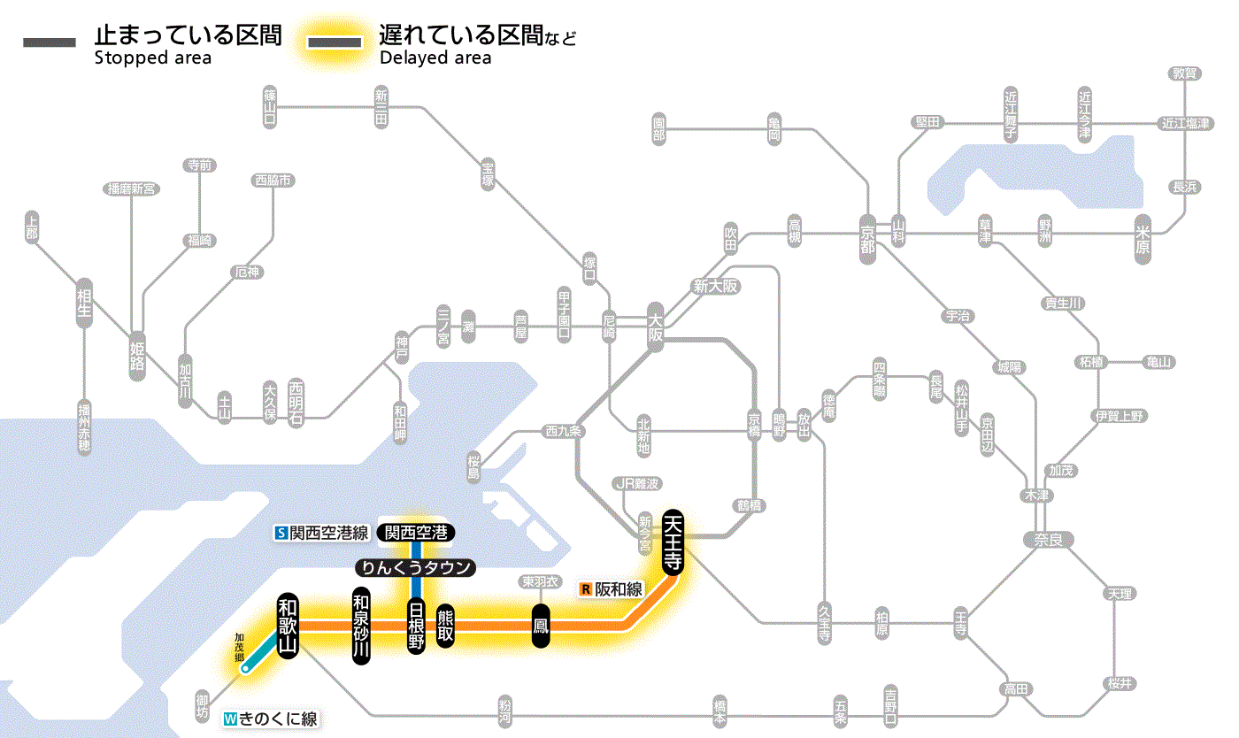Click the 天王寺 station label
click(x=673, y=542)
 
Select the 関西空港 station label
click(x=415, y=533)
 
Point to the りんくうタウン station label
click(x=415, y=568)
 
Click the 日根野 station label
click(x=416, y=626)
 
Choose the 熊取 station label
click(x=445, y=626)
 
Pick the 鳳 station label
click(x=541, y=626)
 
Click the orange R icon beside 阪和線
click(x=585, y=588)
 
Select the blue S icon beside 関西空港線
click(x=281, y=533)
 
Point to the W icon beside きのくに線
click(x=231, y=719)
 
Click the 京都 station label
click(x=866, y=234)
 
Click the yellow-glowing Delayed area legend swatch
click(x=334, y=42)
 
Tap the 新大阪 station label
click(x=716, y=286)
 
